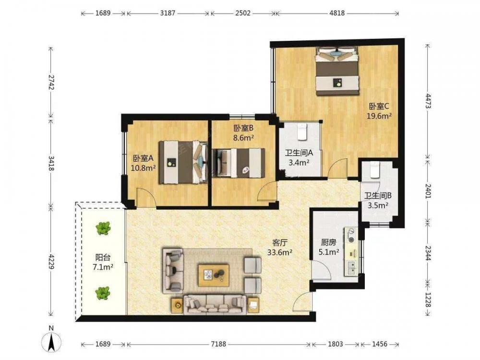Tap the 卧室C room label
click(x=379, y=107)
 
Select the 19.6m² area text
click(x=380, y=116)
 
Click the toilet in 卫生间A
click(x=302, y=132)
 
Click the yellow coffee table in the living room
click(x=214, y=275)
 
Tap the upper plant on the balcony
click(x=103, y=228)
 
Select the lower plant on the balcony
click(x=103, y=293)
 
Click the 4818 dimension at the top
click(x=337, y=13)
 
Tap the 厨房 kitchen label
click(x=328, y=243)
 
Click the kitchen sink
click(x=353, y=268)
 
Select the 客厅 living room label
click(x=280, y=243)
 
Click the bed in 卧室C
click(x=337, y=71)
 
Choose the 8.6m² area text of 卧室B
click(x=243, y=138)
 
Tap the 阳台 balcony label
click(x=103, y=257)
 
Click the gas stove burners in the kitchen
click(x=351, y=235)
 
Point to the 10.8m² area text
click(x=143, y=168)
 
